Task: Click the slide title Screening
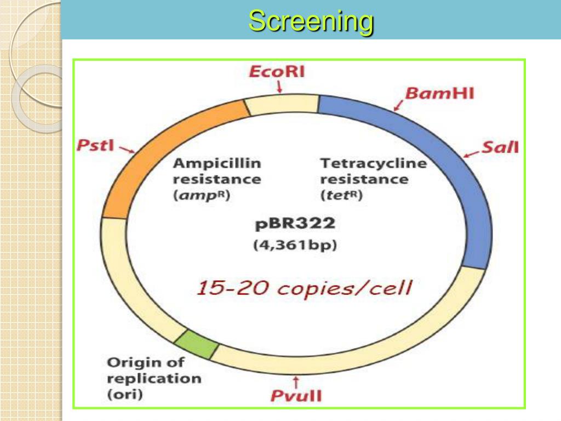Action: click(x=311, y=21)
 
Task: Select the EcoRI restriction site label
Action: click(x=277, y=72)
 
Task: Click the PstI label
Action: click(x=95, y=146)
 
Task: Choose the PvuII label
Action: click(x=296, y=396)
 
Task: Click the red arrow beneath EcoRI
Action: click(x=279, y=87)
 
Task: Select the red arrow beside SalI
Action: click(x=471, y=153)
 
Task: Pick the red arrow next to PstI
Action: click(x=126, y=150)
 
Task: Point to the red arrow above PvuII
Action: click(x=296, y=380)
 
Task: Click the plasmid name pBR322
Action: click(x=295, y=224)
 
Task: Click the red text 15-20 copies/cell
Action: click(x=304, y=288)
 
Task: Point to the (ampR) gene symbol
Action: click(x=202, y=195)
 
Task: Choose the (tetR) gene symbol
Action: click(x=341, y=195)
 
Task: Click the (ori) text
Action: click(x=124, y=394)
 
